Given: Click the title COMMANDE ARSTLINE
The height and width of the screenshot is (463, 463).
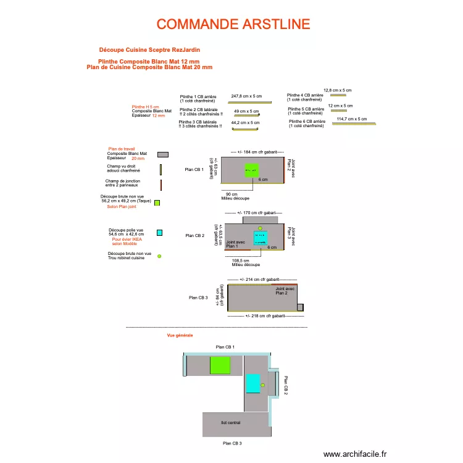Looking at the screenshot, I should coord(233,24).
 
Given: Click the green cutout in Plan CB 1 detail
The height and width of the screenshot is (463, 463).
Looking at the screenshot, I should coord(251,171).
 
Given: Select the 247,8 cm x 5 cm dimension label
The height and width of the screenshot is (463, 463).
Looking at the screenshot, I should coord(246,96).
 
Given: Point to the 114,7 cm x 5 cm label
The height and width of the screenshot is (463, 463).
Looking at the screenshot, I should coord(352,119).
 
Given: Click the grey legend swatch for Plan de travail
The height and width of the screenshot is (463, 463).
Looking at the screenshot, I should coord(162,154).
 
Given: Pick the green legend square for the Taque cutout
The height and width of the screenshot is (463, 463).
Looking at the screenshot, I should coord(157,202).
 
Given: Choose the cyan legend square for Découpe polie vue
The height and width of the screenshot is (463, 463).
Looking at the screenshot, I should coord(159,233).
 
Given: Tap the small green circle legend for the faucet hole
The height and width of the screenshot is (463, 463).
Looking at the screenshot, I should coord(159,256).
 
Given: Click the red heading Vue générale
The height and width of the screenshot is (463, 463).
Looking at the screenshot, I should coord(180,335).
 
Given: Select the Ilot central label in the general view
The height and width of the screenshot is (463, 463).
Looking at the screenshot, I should coord(230,423).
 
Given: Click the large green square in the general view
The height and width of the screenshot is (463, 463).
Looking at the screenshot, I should coord(220,365).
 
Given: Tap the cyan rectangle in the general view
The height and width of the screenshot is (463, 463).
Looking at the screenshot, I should coord(253,383).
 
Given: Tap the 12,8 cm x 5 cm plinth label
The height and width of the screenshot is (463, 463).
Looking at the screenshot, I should coord(337,90).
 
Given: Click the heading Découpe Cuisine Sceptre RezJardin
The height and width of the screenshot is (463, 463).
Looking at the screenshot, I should coord(149,49).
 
